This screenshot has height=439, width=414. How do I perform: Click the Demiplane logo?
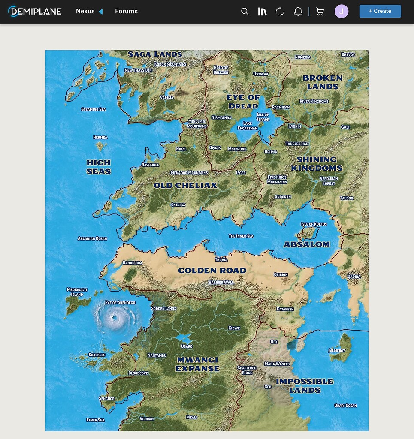(x=35, y=11)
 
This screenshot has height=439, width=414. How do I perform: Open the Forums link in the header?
(x=126, y=11)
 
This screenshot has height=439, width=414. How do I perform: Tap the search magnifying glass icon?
(x=245, y=12)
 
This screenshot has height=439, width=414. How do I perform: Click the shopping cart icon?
(x=320, y=12)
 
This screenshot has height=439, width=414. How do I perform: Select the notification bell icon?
(x=298, y=12)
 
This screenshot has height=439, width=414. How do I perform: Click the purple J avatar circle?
(x=341, y=12)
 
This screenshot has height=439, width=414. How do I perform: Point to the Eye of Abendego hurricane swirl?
(x=115, y=318)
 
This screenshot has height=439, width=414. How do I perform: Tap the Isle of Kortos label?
(x=314, y=224)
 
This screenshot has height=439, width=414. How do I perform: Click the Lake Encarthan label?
(x=248, y=126)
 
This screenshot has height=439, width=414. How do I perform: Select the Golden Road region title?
(x=212, y=271)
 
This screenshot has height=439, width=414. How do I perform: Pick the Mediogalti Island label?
(x=77, y=292)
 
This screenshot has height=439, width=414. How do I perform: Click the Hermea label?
(x=100, y=138)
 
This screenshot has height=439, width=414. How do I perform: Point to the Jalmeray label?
(x=337, y=350)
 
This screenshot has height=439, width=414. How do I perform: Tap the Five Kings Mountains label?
(x=277, y=180)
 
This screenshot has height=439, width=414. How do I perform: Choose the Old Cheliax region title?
(x=185, y=186)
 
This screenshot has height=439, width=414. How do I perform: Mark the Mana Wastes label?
(x=277, y=364)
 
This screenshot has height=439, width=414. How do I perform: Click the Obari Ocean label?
(x=345, y=406)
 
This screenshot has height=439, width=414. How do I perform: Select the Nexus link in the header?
(x=85, y=11)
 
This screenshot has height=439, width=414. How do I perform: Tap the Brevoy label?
(x=348, y=54)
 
